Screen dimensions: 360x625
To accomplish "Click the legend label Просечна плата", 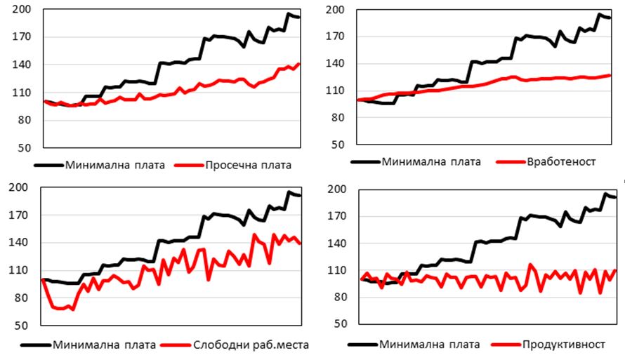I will [x=248, y=166].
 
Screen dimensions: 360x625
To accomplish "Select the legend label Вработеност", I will [x=560, y=162].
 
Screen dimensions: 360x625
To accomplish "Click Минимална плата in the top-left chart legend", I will [x=115, y=166].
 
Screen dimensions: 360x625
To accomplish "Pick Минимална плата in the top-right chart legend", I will [x=431, y=162].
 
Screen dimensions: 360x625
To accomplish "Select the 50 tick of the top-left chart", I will [x=25, y=148].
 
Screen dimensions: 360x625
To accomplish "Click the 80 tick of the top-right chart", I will [x=338, y=119].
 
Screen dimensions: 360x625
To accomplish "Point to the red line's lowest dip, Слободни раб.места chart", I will [x=73, y=309].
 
